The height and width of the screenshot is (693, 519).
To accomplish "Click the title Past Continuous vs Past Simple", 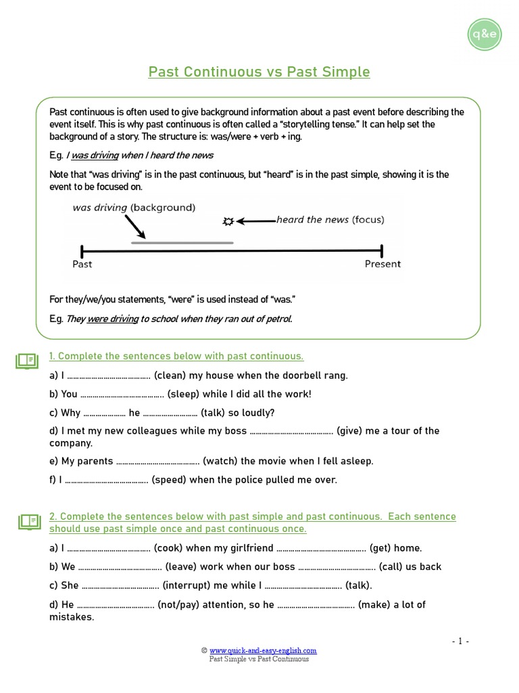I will tap(259, 72).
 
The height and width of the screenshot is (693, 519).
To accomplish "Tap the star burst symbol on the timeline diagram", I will tap(228, 221).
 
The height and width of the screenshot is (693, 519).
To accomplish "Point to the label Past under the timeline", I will tap(82, 264).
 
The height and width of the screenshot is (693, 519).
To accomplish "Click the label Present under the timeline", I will tap(382, 264).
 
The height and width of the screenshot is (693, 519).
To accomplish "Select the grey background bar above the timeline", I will tap(182, 242).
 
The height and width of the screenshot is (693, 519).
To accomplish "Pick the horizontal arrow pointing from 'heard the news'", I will tap(257, 221).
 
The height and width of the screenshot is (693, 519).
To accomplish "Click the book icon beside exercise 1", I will tap(28, 361).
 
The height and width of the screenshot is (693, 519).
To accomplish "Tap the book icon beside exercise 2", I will tap(30, 521).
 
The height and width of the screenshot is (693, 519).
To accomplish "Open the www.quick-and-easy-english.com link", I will tap(263, 651).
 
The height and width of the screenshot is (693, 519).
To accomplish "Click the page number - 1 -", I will tap(460, 642).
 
